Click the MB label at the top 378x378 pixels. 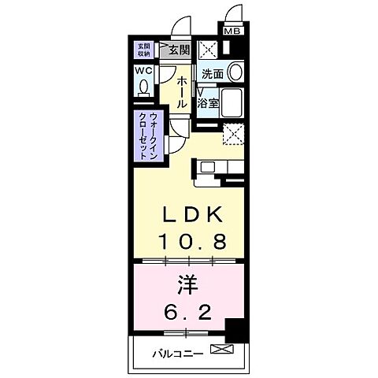click(x=233, y=31)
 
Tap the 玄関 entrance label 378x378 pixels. click(x=179, y=50)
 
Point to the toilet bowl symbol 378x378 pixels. click(x=145, y=86)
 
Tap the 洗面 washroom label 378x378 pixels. click(x=213, y=74)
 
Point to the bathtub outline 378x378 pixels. click(x=233, y=103)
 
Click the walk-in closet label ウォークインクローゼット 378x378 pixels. click(x=148, y=135)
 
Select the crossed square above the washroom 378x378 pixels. click(x=209, y=49)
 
